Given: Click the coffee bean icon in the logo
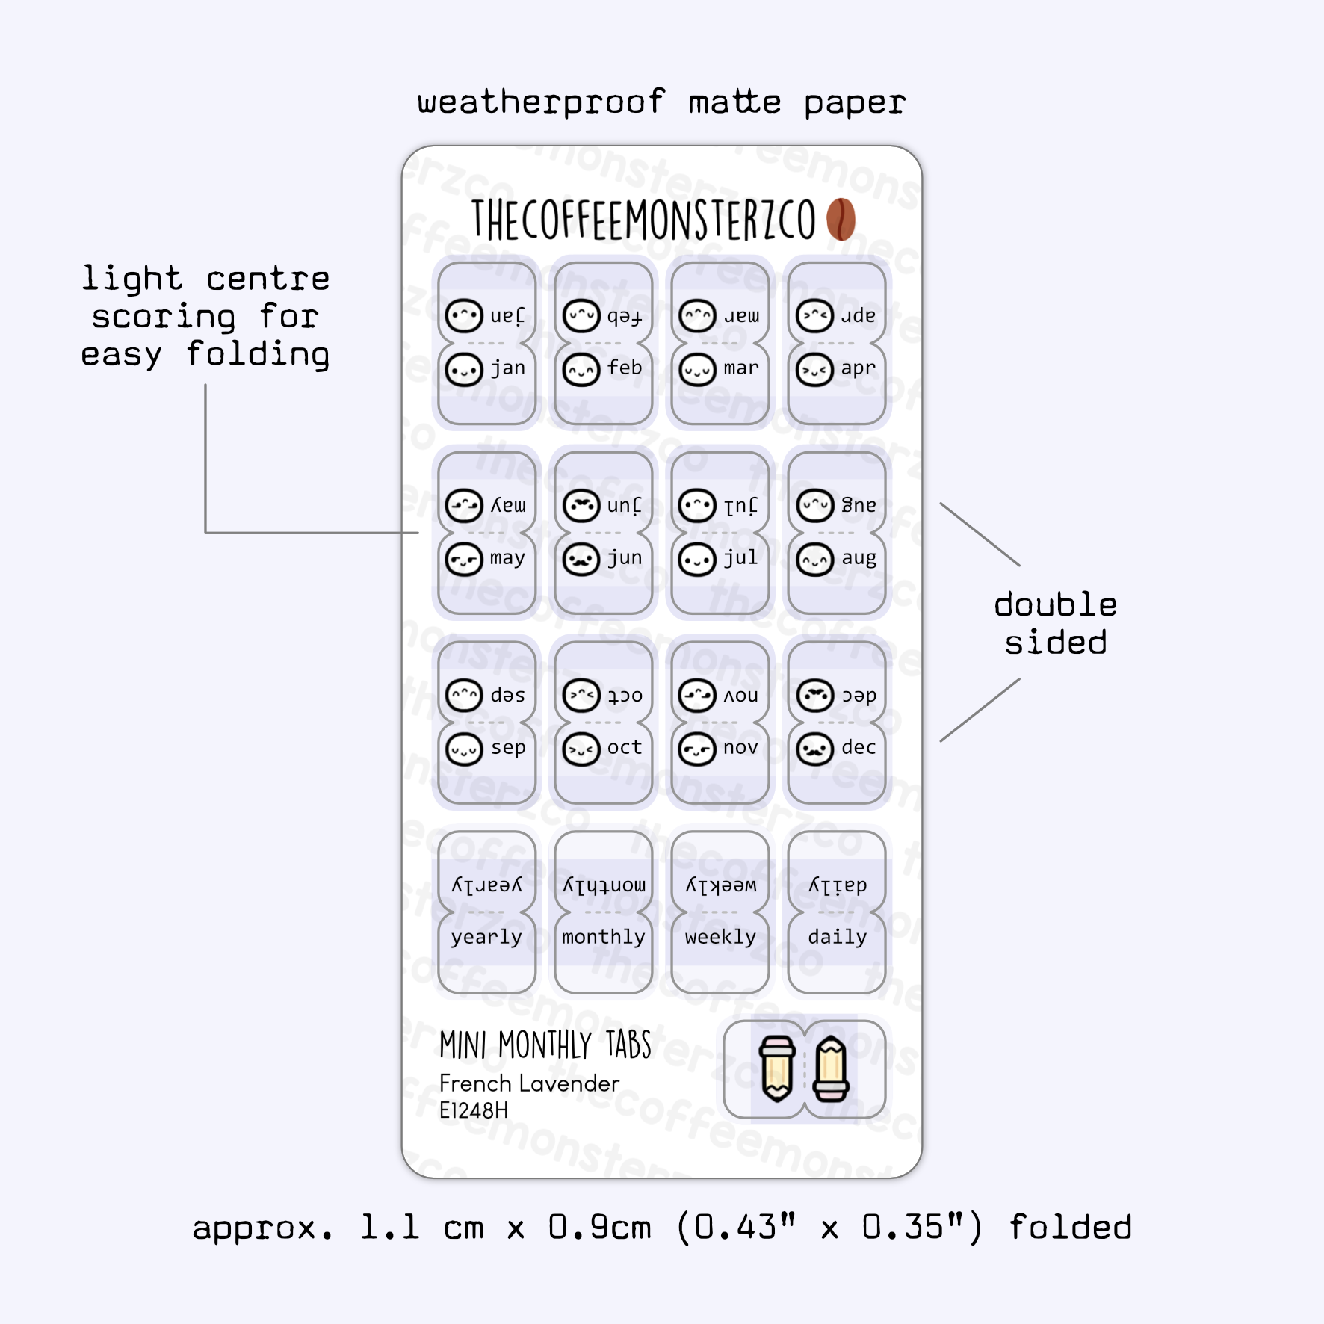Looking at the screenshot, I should pos(841,220).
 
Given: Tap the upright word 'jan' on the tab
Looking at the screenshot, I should pos(508,368).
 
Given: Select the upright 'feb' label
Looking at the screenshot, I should pos(625,368).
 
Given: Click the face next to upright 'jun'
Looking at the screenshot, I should pos(581,560).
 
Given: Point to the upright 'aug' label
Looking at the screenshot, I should pos(859,558).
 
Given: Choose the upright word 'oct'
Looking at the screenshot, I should pos(625,747).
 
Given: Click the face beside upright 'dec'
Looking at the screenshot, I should pos(814,749).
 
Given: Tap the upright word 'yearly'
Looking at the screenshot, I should pos(486,938).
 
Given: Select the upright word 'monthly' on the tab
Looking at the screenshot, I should pos(604,937).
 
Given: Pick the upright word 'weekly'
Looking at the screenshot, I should pos(720,937).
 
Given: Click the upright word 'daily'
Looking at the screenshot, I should pos(837,937).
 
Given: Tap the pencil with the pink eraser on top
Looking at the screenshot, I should pos(777,1069).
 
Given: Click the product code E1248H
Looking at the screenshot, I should pos(473,1111).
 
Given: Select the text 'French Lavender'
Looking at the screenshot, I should pos(529,1083).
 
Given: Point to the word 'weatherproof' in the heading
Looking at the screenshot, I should pos(541,102).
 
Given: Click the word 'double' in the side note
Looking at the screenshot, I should pos(1055,604).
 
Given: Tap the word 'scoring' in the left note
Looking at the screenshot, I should pos(163,318).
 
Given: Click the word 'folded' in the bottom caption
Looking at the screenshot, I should pos(1070,1228).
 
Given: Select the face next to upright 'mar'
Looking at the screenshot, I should pos(698,370).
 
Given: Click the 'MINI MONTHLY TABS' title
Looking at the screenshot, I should pos(545,1045).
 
